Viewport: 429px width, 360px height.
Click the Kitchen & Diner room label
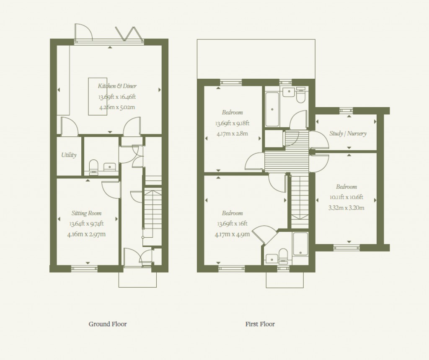coord(117,86)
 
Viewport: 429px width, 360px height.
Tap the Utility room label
coord(69,155)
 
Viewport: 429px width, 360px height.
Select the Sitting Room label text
coord(86,213)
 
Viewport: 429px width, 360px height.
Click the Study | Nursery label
coord(348,134)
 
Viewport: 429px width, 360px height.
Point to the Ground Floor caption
coord(108,324)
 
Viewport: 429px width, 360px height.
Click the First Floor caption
coord(260,324)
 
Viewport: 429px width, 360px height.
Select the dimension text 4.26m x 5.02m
coord(117,107)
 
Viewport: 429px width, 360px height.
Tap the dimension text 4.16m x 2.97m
coord(86,234)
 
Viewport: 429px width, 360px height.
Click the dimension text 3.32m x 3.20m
coord(346,207)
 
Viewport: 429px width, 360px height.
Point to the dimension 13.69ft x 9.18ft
coord(233,123)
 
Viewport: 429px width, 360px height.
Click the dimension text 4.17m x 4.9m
coord(233,234)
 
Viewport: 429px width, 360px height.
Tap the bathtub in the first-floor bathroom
coord(272,110)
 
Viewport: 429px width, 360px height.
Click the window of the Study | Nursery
coord(346,110)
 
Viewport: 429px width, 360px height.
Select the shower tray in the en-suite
coord(300,244)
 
